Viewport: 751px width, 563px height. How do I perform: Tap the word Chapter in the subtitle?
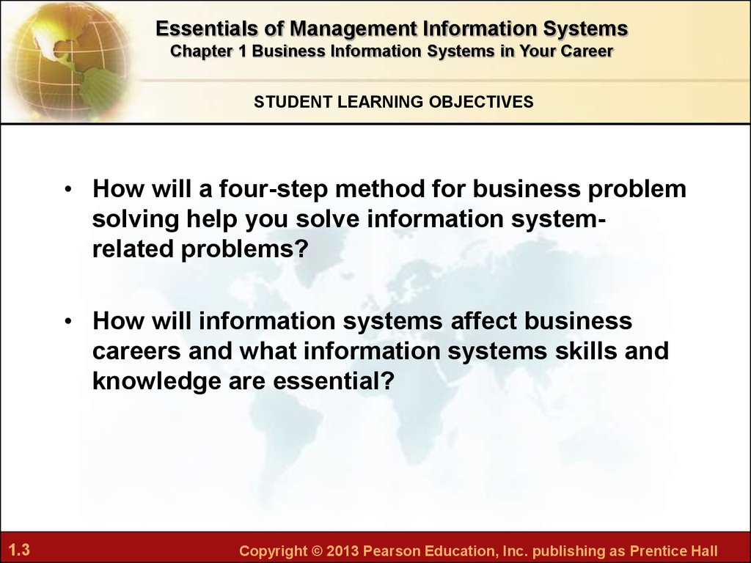(201, 51)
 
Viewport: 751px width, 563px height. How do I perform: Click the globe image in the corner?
(67, 60)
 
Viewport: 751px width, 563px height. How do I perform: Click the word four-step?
(274, 189)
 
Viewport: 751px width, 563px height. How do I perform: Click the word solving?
(136, 220)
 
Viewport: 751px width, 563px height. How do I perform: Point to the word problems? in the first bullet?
(243, 249)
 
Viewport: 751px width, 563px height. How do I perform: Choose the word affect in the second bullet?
(484, 320)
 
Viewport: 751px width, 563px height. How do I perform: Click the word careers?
(136, 352)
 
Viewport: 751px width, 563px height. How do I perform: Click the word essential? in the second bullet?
(334, 381)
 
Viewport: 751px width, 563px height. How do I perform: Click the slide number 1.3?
(19, 549)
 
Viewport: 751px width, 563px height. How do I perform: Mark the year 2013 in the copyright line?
(342, 551)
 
